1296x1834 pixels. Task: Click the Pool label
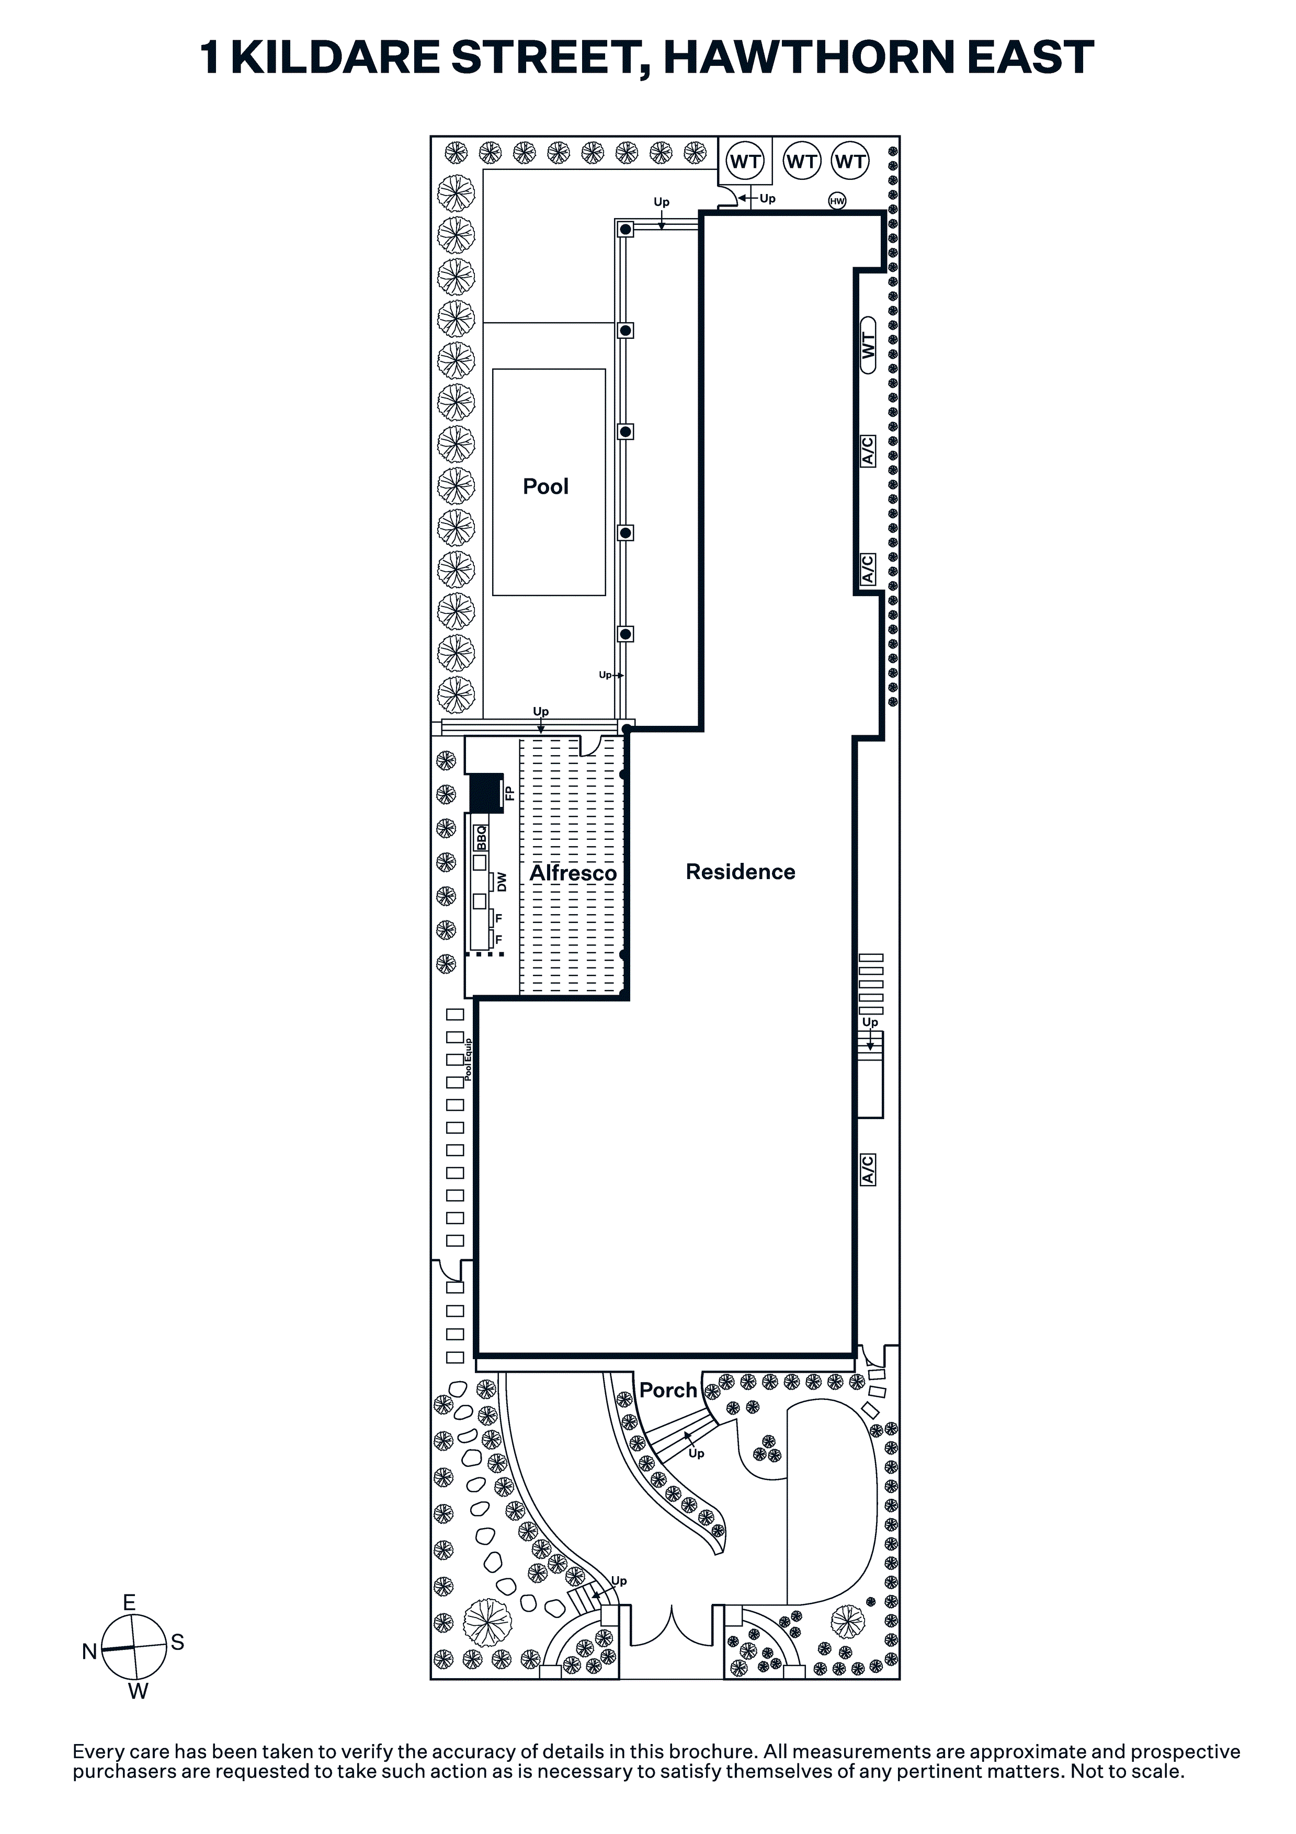coord(545,486)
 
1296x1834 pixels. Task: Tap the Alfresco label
coord(573,872)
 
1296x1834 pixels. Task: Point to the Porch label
coord(668,1391)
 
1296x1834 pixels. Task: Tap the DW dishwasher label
coord(502,882)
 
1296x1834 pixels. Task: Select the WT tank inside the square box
coord(745,162)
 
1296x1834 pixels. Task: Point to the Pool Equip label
coord(468,1059)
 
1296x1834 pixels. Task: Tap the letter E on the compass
coord(129,1602)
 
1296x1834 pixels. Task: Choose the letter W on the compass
coord(138,1692)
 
